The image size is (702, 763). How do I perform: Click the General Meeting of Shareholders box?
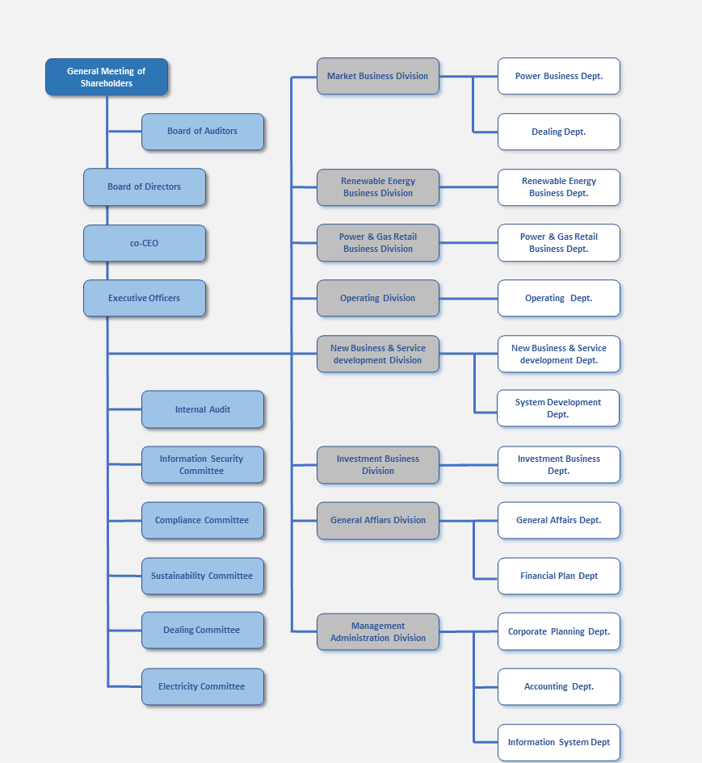click(x=107, y=77)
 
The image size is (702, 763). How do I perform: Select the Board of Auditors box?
click(x=203, y=132)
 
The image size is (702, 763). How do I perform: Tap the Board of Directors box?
click(x=145, y=187)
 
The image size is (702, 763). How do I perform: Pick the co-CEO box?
click(x=145, y=243)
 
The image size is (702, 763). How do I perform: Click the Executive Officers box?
click(x=145, y=298)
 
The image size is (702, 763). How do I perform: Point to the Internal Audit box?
click(x=203, y=409)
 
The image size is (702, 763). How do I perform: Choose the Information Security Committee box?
click(x=203, y=465)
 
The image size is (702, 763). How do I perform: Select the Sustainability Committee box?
click(x=203, y=576)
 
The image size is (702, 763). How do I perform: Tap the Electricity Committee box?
click(x=203, y=686)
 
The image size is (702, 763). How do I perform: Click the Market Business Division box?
click(x=378, y=77)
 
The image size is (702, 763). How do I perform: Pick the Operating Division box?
click(x=378, y=298)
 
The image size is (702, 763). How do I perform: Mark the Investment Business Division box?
click(x=378, y=465)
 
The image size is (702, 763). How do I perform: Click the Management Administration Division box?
click(x=378, y=631)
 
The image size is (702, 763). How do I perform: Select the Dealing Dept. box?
click(x=559, y=132)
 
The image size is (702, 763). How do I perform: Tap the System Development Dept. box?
click(x=558, y=409)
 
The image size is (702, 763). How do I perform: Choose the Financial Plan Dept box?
click(x=559, y=576)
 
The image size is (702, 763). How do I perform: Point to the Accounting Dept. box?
click(x=559, y=686)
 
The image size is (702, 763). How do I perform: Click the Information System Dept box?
click(x=559, y=742)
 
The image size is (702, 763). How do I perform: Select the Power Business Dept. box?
click(x=559, y=77)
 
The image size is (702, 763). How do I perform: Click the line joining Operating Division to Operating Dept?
click(x=469, y=298)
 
